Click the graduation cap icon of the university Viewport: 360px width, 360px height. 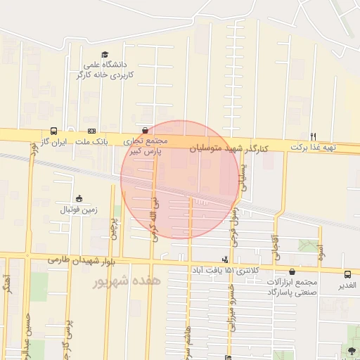pyautogui.click(x=105, y=55)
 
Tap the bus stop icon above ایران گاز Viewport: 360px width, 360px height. pyautogui.click(x=54, y=131)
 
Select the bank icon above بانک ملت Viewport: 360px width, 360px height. pyautogui.click(x=92, y=131)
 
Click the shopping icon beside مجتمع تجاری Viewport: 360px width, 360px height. pyautogui.click(x=145, y=130)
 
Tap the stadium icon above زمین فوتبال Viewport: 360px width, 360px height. pyautogui.click(x=79, y=198)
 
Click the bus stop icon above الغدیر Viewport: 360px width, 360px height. pyautogui.click(x=347, y=274)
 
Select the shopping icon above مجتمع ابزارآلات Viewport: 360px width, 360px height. pyautogui.click(x=292, y=271)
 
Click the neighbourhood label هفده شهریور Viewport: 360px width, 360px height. pyautogui.click(x=127, y=281)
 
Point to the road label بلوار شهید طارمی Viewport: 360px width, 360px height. pyautogui.click(x=81, y=260)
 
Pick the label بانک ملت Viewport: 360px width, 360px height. pyautogui.click(x=92, y=141)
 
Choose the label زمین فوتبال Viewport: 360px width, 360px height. pyautogui.click(x=79, y=210)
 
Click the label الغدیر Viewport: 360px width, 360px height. pyautogui.click(x=347, y=285)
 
